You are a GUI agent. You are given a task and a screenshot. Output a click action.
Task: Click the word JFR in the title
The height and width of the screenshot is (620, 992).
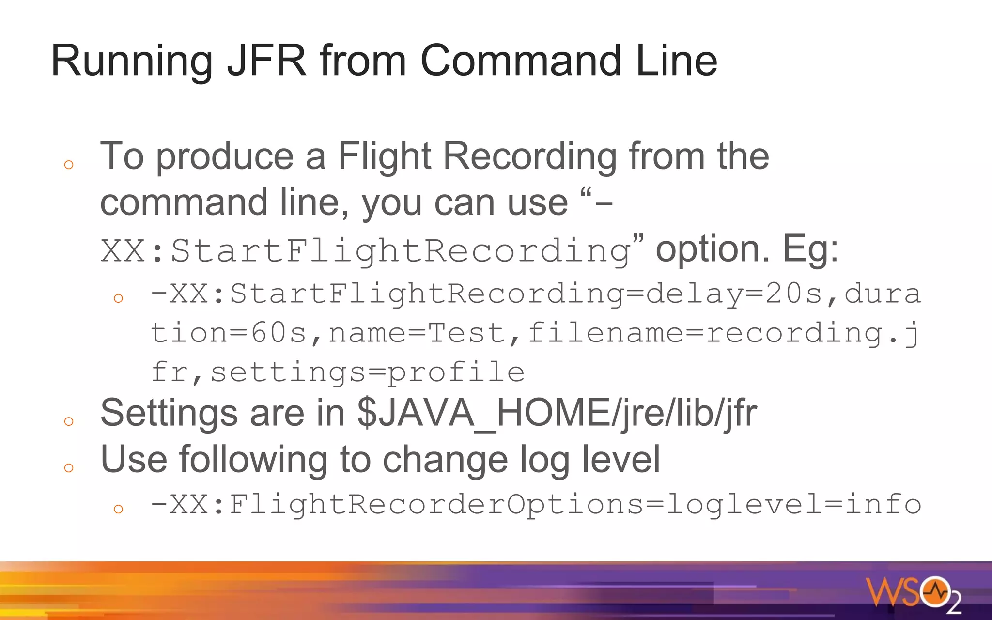[x=267, y=61]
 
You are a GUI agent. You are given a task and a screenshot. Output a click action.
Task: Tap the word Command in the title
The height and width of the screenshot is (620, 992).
[x=521, y=61]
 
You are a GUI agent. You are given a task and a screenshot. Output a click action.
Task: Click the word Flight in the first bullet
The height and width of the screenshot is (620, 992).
[x=384, y=156]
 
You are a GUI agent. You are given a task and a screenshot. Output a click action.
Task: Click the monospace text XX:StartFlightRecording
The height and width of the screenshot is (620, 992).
[x=366, y=251]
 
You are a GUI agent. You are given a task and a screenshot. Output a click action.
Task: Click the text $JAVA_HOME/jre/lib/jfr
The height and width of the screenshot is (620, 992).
[x=557, y=413]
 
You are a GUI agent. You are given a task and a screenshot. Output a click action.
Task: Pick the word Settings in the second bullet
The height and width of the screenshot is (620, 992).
[x=169, y=413]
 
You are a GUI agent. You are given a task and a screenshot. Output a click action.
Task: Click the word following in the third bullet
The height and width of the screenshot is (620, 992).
[x=253, y=459]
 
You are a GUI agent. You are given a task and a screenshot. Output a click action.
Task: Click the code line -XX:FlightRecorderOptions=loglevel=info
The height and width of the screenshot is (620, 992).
[x=536, y=504]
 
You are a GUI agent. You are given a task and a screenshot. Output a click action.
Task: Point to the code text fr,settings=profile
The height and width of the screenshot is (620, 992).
[x=338, y=372]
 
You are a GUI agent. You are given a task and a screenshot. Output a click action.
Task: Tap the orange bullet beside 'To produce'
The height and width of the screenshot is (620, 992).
[x=69, y=165]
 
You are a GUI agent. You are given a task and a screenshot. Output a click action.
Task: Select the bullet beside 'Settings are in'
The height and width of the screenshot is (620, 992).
[x=69, y=421]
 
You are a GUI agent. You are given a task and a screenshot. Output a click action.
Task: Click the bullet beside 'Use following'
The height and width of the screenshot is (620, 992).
[x=69, y=467]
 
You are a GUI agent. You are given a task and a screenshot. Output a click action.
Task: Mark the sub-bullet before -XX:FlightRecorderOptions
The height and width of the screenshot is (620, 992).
[x=118, y=509]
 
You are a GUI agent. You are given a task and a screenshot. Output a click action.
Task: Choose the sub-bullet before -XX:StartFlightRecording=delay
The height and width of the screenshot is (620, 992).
[x=118, y=298]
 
